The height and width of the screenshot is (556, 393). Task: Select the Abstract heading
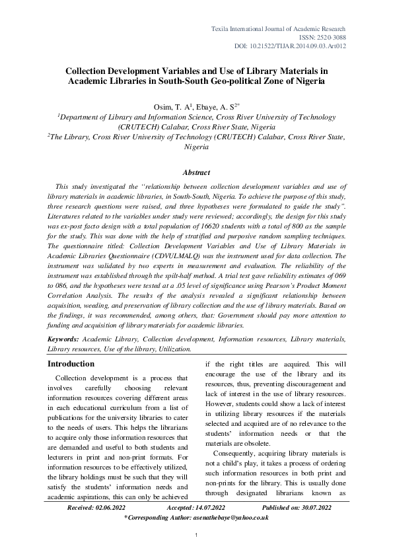click(196, 173)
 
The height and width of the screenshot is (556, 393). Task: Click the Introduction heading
click(71, 364)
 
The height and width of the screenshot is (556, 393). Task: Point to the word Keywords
click(63, 339)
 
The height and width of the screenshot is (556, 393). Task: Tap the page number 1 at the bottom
click(196, 543)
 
